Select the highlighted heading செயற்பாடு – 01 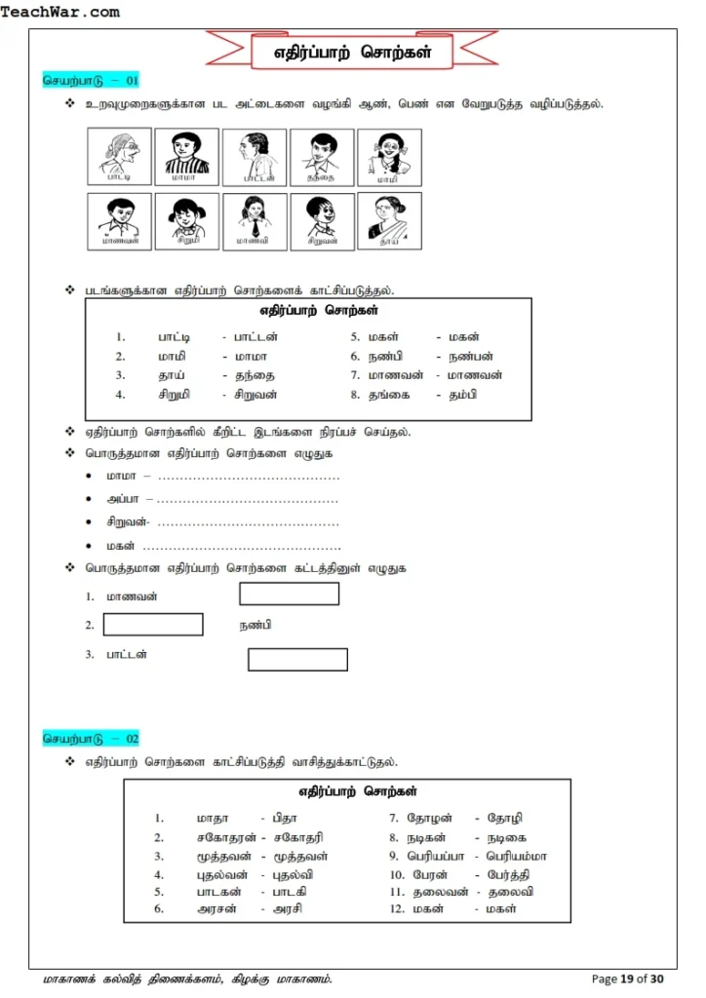(x=92, y=80)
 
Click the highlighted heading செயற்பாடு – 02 (x=92, y=739)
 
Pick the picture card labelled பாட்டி (x=119, y=157)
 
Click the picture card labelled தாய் (x=389, y=220)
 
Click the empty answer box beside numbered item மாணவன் (x=290, y=594)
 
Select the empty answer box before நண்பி (x=153, y=625)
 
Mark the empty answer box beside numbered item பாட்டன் (x=297, y=660)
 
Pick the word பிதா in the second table (x=285, y=819)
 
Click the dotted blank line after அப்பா (x=248, y=499)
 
